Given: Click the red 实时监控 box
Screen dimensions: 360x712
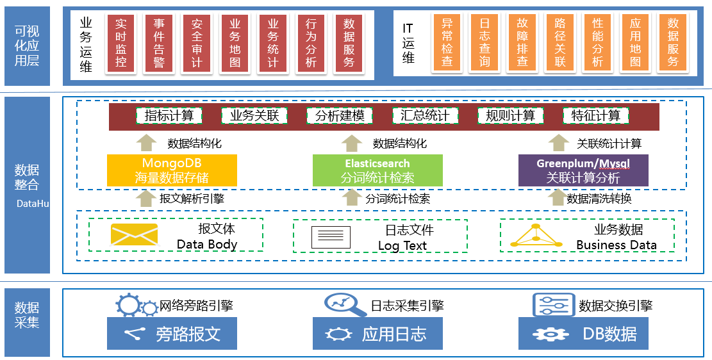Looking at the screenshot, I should click(x=121, y=43).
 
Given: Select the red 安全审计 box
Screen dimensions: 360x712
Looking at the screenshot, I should click(x=197, y=43).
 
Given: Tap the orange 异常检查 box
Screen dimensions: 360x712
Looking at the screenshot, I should click(x=447, y=43).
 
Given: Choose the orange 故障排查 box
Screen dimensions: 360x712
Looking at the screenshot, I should click(x=522, y=43).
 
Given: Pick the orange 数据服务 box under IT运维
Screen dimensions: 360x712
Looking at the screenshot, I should click(x=673, y=43).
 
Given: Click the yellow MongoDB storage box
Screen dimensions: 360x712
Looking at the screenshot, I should click(x=172, y=170).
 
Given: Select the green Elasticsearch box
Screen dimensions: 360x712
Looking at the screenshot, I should click(x=377, y=170).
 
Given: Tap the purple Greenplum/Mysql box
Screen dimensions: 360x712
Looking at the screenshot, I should click(x=583, y=170).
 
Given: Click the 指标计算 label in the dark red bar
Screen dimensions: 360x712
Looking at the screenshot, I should click(x=169, y=116).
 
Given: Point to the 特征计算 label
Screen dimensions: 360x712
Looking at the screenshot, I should click(x=596, y=116).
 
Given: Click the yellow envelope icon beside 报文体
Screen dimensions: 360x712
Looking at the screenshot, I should click(x=134, y=235).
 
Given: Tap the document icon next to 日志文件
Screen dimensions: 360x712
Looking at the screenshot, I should click(x=331, y=237).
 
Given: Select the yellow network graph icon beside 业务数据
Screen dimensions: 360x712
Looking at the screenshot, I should click(x=536, y=237).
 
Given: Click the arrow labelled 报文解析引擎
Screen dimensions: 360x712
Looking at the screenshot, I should click(x=146, y=199).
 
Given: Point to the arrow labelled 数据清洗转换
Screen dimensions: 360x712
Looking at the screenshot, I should click(x=558, y=199).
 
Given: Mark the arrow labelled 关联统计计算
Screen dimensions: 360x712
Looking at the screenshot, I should click(x=559, y=143).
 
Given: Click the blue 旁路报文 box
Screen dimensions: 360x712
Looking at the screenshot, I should click(x=172, y=334).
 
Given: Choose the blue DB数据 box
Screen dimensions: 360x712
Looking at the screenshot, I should click(x=583, y=334).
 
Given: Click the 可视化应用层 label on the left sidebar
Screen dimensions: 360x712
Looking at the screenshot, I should click(x=27, y=45).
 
